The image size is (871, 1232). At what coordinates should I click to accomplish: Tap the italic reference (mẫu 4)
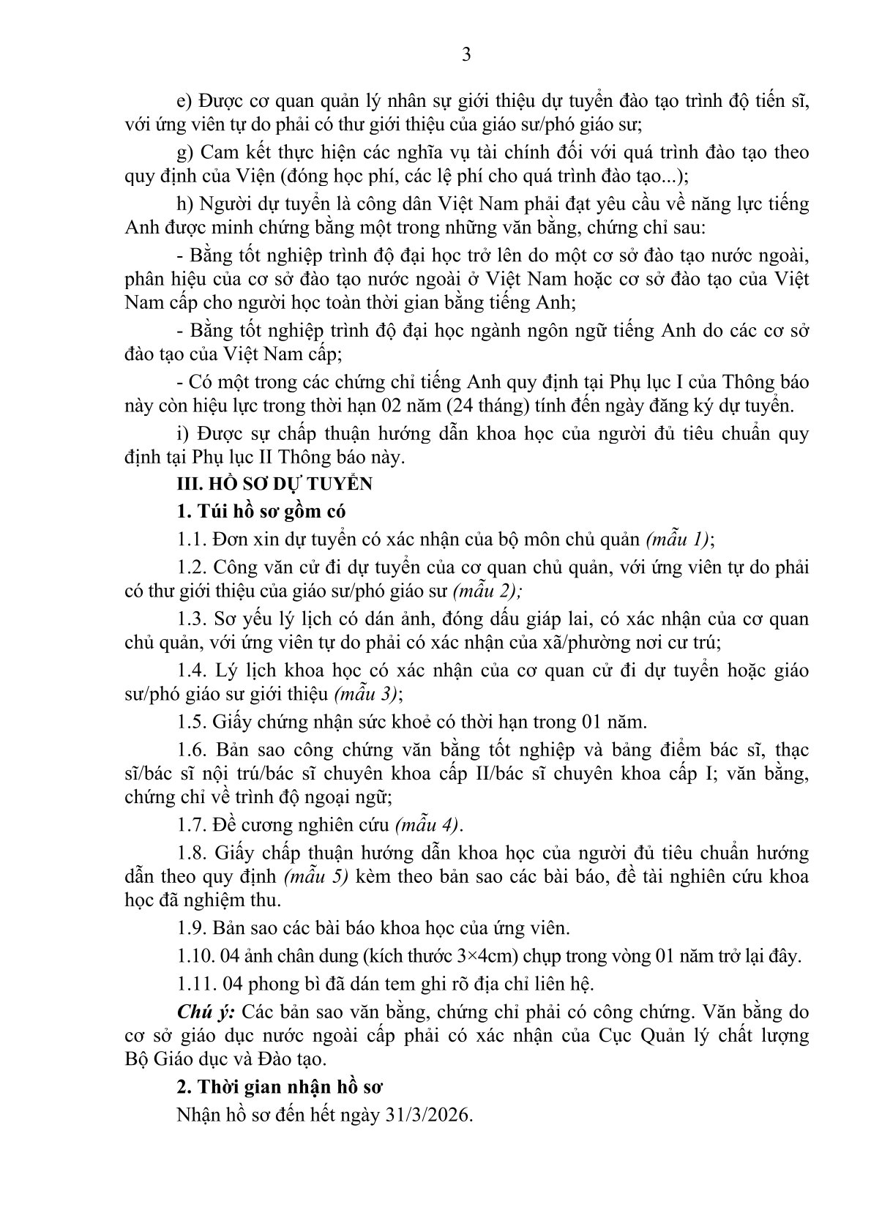pos(428,825)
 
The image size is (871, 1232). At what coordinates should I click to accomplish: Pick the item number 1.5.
pos(191,722)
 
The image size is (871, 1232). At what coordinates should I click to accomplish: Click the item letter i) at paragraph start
pos(183,433)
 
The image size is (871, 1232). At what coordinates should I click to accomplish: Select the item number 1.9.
pos(191,927)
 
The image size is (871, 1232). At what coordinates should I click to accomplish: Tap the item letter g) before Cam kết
pos(186,152)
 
